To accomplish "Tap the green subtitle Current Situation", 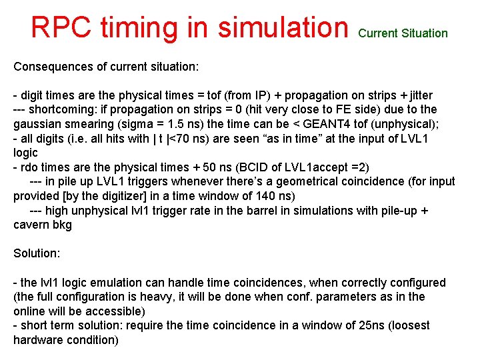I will pyautogui.click(x=403, y=33).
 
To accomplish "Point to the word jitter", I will pyautogui.click(x=416, y=95).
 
